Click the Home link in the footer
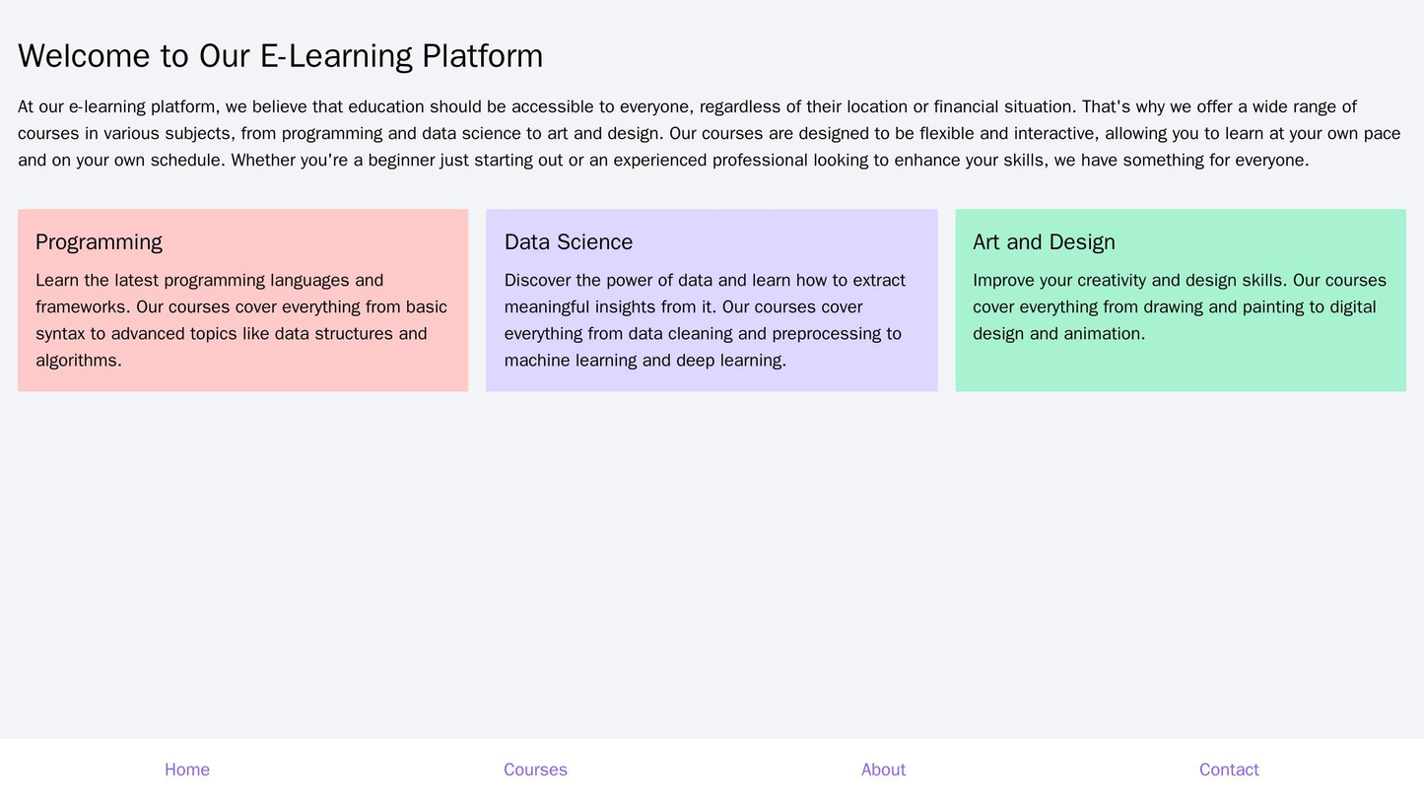click(186, 769)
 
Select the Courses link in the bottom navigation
click(535, 769)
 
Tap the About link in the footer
click(883, 769)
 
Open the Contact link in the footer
click(1229, 769)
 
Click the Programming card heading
click(99, 241)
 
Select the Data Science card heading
click(568, 241)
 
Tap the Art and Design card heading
click(1044, 241)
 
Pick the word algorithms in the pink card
click(78, 361)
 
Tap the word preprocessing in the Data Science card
click(826, 334)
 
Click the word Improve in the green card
click(1005, 281)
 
